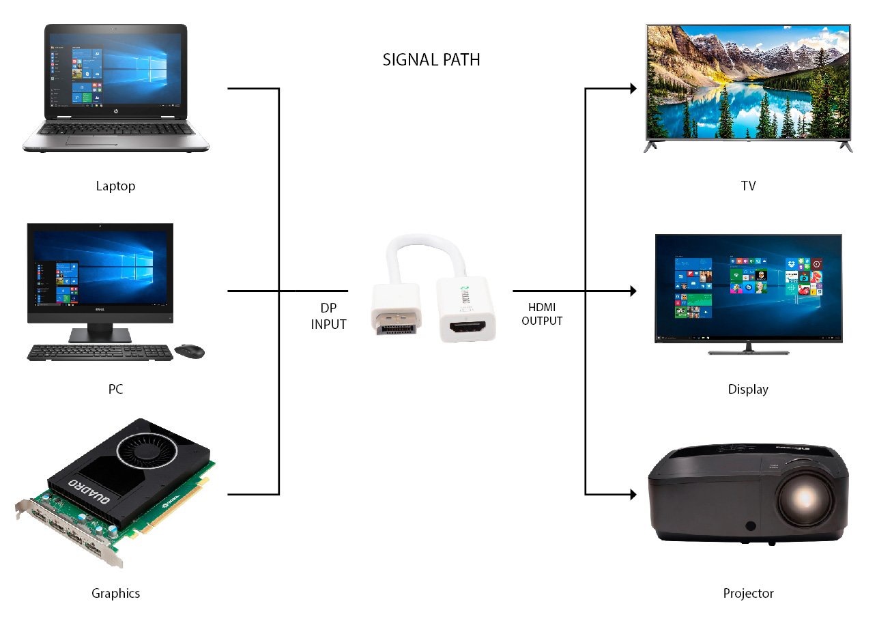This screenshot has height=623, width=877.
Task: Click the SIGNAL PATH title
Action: (431, 60)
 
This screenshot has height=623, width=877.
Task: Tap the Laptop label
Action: (115, 186)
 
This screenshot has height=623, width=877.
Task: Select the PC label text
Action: (115, 389)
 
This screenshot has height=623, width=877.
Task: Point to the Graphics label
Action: (115, 593)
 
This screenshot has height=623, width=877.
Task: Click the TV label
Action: (748, 186)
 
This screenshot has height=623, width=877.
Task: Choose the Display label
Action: (748, 390)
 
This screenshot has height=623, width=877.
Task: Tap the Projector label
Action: (748, 593)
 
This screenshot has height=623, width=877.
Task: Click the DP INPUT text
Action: (328, 316)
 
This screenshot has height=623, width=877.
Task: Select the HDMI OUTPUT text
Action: (542, 314)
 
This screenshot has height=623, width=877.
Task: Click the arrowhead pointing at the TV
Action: (633, 89)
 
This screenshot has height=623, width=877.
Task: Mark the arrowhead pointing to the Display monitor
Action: (633, 291)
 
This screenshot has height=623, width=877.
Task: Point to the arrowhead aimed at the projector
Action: (633, 495)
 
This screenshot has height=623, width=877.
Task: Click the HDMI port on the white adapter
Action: (468, 326)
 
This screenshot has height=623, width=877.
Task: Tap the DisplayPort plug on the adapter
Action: (398, 323)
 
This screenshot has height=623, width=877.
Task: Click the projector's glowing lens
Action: (805, 497)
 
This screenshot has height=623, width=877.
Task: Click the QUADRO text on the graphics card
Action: (89, 491)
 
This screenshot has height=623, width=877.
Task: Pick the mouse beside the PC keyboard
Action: (190, 351)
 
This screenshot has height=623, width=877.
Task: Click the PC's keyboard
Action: (100, 352)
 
